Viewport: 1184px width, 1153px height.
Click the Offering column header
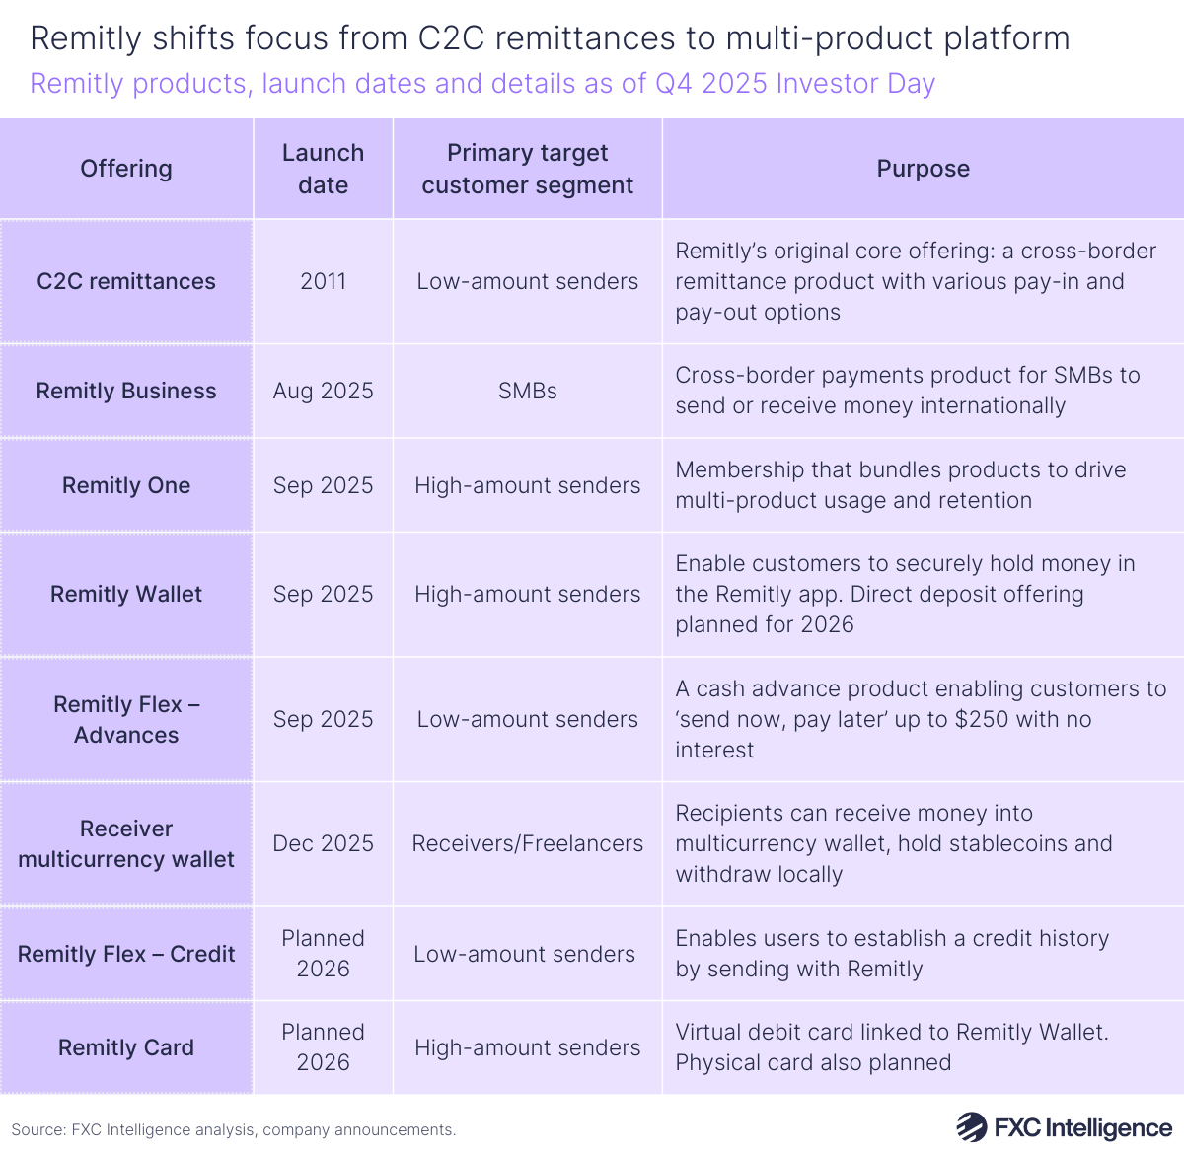tap(126, 169)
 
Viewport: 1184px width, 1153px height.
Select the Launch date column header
tap(323, 169)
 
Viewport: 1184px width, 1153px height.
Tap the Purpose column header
tap(923, 169)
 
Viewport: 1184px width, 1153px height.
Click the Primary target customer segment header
tap(527, 169)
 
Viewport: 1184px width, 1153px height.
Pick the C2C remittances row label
tap(126, 281)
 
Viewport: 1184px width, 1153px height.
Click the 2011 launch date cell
tap(323, 281)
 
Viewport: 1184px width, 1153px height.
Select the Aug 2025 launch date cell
tap(323, 391)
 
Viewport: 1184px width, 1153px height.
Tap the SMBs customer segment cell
tap(527, 391)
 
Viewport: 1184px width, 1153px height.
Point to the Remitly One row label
tap(126, 485)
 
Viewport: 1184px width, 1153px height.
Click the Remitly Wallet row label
tap(126, 594)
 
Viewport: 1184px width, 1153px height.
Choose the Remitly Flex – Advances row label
tap(126, 719)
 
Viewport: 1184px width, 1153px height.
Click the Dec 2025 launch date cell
tap(323, 843)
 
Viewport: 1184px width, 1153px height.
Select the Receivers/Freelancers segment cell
tap(527, 843)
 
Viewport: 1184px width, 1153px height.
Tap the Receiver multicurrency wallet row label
tap(126, 843)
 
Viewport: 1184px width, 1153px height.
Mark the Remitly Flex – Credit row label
tap(126, 954)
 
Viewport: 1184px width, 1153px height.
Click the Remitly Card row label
tap(126, 1047)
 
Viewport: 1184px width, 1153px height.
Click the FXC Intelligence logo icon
tap(971, 1127)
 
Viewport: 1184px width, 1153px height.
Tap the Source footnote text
tap(234, 1129)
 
